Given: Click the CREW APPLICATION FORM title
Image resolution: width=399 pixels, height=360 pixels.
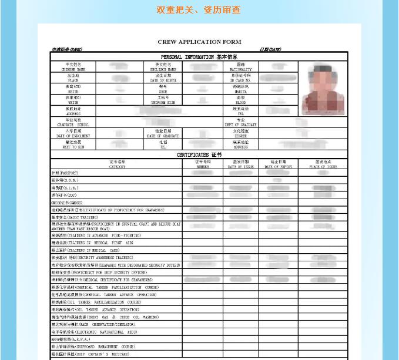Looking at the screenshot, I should point(199,42).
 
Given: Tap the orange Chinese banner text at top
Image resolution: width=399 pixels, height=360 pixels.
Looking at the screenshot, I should point(199,10).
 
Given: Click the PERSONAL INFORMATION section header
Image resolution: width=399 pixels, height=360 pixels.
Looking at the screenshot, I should point(199,57).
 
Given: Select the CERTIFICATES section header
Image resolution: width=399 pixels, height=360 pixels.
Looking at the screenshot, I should point(199,154).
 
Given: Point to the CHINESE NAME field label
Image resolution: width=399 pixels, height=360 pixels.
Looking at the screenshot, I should point(73,66).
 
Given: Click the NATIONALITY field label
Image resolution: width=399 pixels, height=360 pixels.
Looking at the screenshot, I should point(240,66).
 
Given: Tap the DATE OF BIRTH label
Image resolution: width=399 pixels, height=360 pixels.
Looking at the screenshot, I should point(163,78).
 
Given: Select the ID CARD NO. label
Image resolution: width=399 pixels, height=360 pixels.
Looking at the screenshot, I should point(240,78).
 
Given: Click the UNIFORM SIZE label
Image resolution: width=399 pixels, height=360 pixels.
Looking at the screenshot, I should point(163,100).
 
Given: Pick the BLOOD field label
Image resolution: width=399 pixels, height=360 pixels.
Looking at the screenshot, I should point(240,100).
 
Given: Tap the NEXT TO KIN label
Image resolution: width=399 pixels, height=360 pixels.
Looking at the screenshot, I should point(73,144).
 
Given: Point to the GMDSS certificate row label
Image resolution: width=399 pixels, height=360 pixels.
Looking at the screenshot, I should point(67,202).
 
